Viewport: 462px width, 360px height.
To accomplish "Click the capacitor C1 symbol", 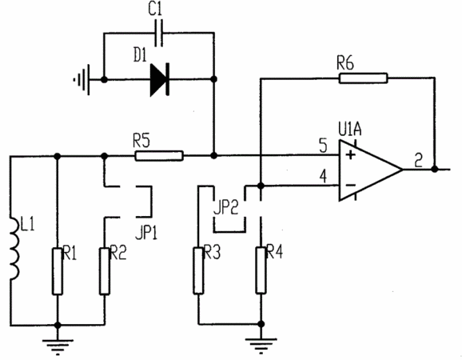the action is pos(159,33).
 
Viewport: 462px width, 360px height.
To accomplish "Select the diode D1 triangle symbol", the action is pos(159,80).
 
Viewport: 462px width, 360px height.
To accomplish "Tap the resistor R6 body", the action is pos(363,78).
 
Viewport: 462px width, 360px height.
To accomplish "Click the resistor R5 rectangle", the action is pos(159,156).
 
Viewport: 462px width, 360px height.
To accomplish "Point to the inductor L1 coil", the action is pos(15,248).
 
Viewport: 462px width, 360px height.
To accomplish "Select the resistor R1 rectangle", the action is pos(58,271).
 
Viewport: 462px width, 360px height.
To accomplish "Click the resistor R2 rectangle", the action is pos(104,271).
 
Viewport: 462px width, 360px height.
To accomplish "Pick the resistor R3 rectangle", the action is pos(198,270).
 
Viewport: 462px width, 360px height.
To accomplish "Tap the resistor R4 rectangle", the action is pos(261,270).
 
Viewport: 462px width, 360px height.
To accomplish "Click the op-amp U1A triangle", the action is pos(371,170).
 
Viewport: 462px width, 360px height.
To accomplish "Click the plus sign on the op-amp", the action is pos(350,154).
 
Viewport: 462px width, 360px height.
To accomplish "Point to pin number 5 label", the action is pos(323,146).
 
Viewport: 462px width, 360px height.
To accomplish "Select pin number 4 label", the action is pos(323,177).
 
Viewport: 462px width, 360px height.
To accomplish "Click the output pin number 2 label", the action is pos(418,160).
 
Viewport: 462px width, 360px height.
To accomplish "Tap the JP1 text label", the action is pos(146,233).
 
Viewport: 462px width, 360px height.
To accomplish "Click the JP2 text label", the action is pos(225,207).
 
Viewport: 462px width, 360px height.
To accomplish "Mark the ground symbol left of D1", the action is pos(82,80).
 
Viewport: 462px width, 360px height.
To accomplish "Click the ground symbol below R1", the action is pos(58,346).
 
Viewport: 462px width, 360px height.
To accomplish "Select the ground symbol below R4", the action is pos(261,346).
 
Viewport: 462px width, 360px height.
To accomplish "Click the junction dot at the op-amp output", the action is pos(434,170).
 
